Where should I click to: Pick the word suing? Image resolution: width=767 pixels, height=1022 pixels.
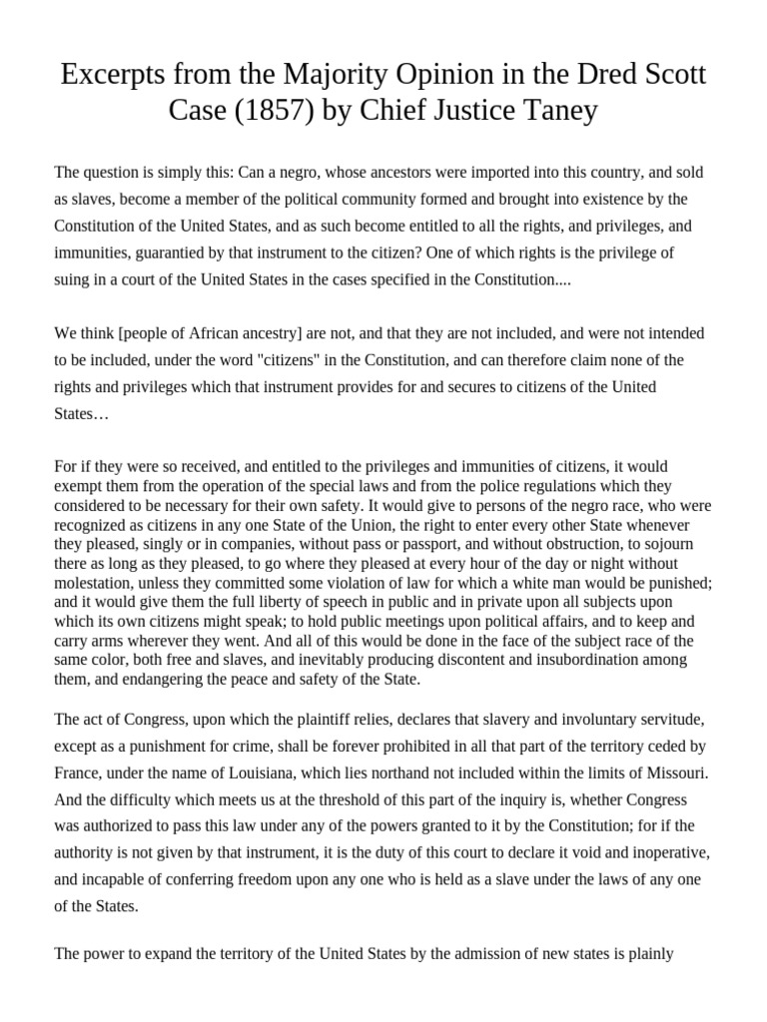[74, 280]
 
